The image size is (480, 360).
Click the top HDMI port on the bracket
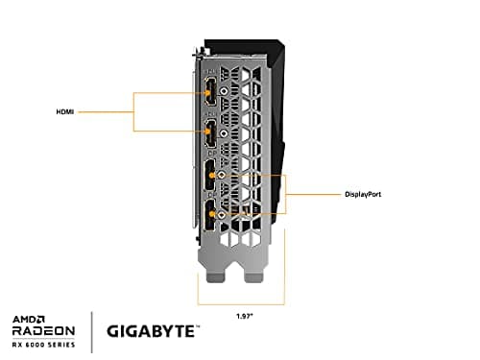click(208, 92)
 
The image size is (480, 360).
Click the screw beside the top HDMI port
click(224, 92)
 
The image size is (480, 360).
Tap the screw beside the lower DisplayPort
click(223, 218)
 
